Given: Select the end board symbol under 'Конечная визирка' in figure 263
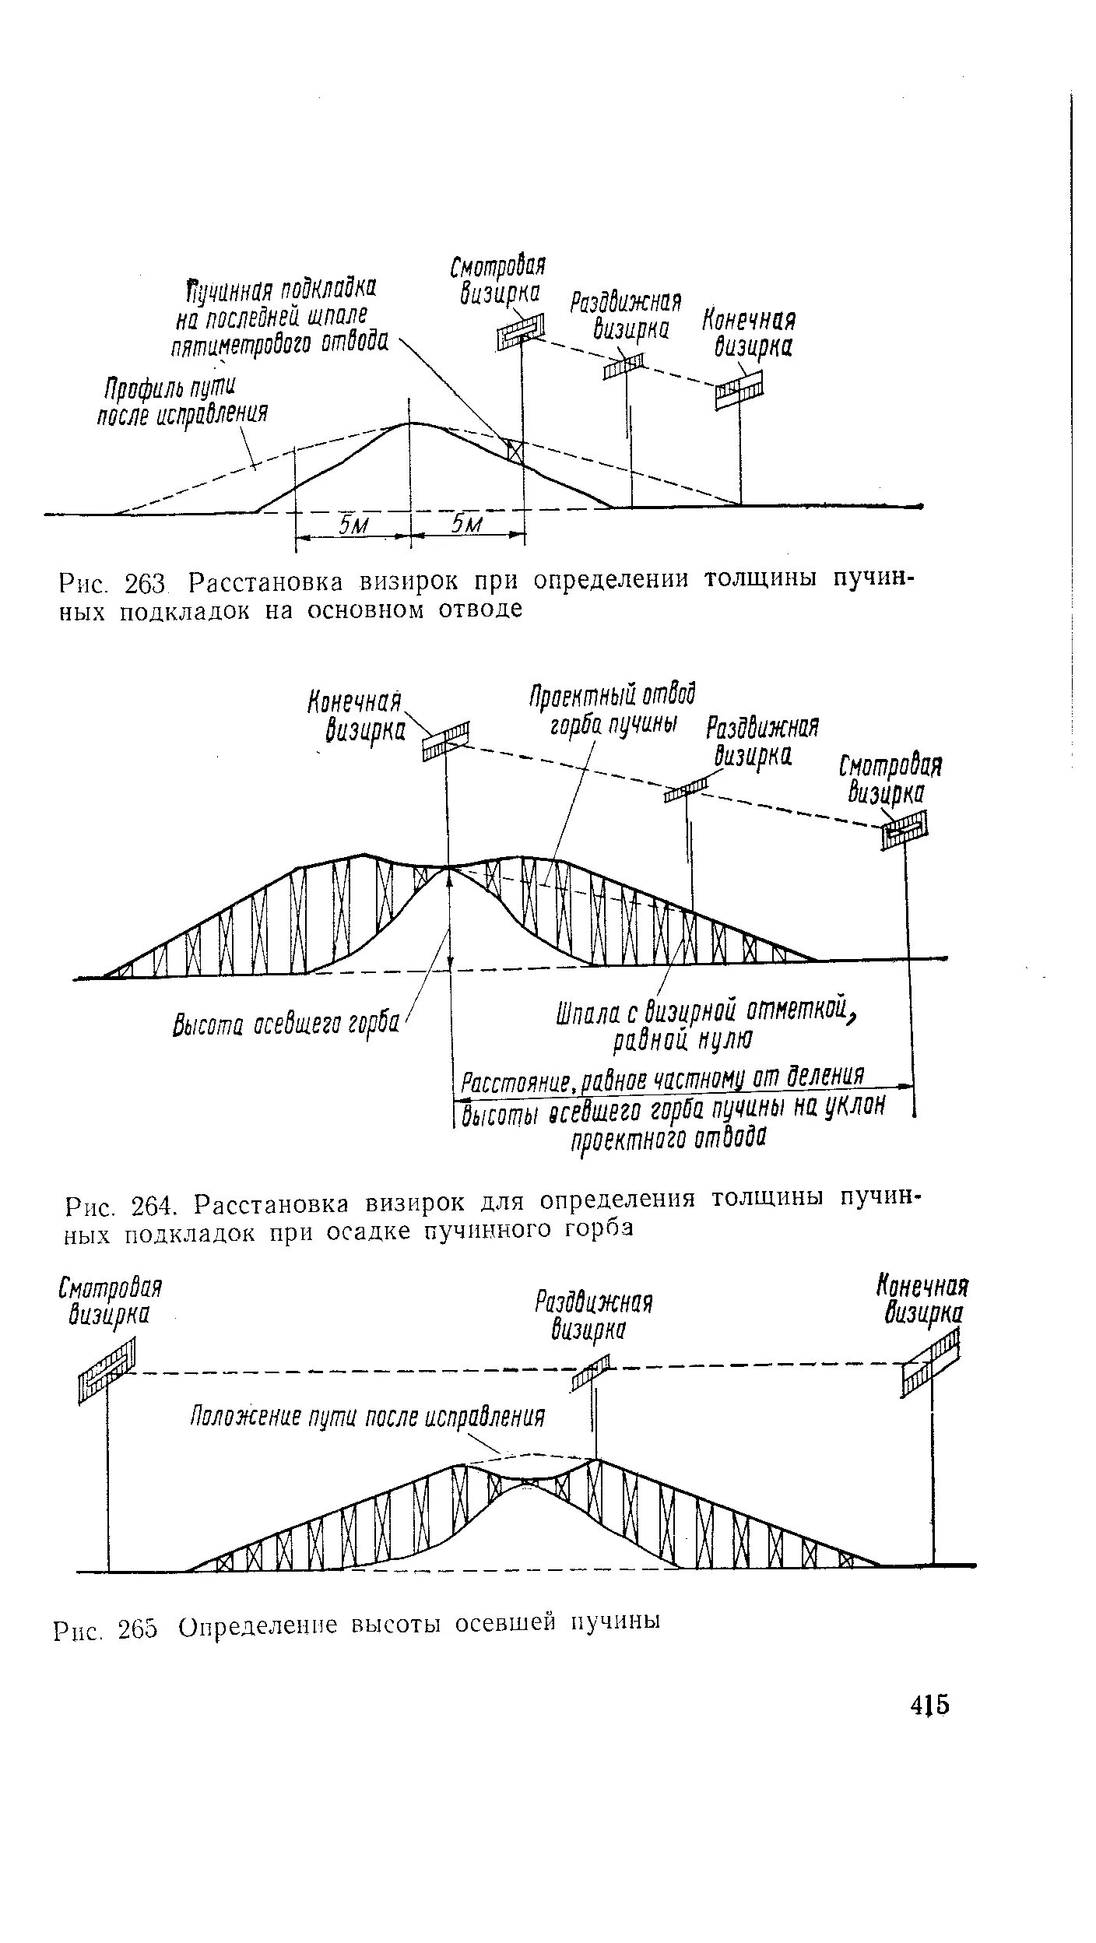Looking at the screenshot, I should (739, 388).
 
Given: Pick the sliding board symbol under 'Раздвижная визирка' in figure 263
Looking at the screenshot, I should (624, 364).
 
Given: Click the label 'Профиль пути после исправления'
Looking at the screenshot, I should (182, 402).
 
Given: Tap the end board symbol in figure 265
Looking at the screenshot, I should (932, 1373).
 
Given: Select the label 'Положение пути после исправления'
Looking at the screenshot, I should (367, 1416).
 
